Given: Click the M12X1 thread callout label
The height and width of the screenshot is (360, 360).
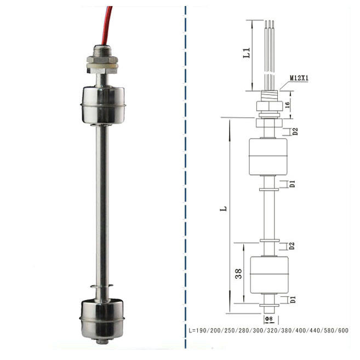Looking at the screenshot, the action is click(x=299, y=78).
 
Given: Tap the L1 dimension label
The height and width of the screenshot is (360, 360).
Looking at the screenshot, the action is click(x=247, y=53).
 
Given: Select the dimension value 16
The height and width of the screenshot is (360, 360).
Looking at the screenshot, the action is click(x=287, y=105).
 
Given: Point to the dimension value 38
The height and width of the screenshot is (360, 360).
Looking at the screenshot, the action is click(x=238, y=273).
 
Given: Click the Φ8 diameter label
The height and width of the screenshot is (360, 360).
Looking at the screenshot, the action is click(x=268, y=319).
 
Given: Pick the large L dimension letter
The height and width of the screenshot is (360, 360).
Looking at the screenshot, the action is click(x=224, y=208).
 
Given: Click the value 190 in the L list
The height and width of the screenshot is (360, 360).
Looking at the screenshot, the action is click(x=202, y=330).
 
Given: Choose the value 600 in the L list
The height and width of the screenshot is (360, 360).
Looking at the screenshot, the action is click(x=343, y=330).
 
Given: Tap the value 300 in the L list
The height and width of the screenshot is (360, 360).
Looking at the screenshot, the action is click(x=258, y=330).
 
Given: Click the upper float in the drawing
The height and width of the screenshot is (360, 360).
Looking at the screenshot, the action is click(x=268, y=157).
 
